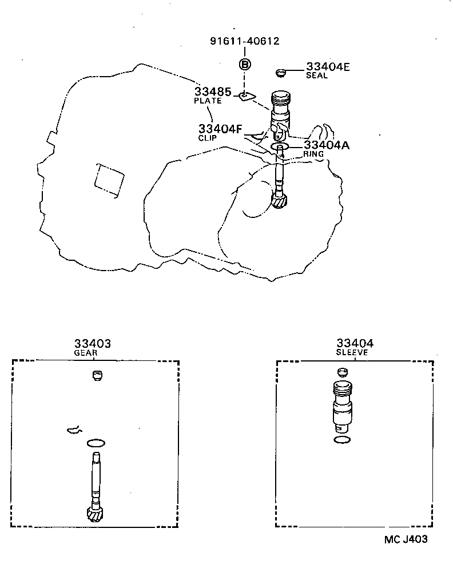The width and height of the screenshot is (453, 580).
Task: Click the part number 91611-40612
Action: pos(245,41)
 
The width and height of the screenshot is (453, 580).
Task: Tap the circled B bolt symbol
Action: pos(244,65)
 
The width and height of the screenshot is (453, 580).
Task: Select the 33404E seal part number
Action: pos(327,67)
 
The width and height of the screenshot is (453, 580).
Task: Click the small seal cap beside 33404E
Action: pos(280,73)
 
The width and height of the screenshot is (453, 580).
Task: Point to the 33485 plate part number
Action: pos(212,92)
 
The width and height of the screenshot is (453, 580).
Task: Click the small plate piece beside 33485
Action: pos(247,95)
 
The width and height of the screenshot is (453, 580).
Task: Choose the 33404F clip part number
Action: pos(220,129)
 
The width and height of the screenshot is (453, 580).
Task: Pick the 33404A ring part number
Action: pos(327,145)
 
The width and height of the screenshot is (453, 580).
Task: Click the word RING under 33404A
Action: pos(313,154)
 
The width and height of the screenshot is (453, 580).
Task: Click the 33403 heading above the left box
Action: pos(92,343)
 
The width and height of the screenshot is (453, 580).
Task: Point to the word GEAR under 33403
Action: pos(85,353)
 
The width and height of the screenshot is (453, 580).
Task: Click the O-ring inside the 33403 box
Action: pos(96,443)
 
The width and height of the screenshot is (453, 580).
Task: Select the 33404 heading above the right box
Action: pos(355,343)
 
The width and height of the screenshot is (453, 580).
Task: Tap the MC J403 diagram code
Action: pos(405,539)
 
